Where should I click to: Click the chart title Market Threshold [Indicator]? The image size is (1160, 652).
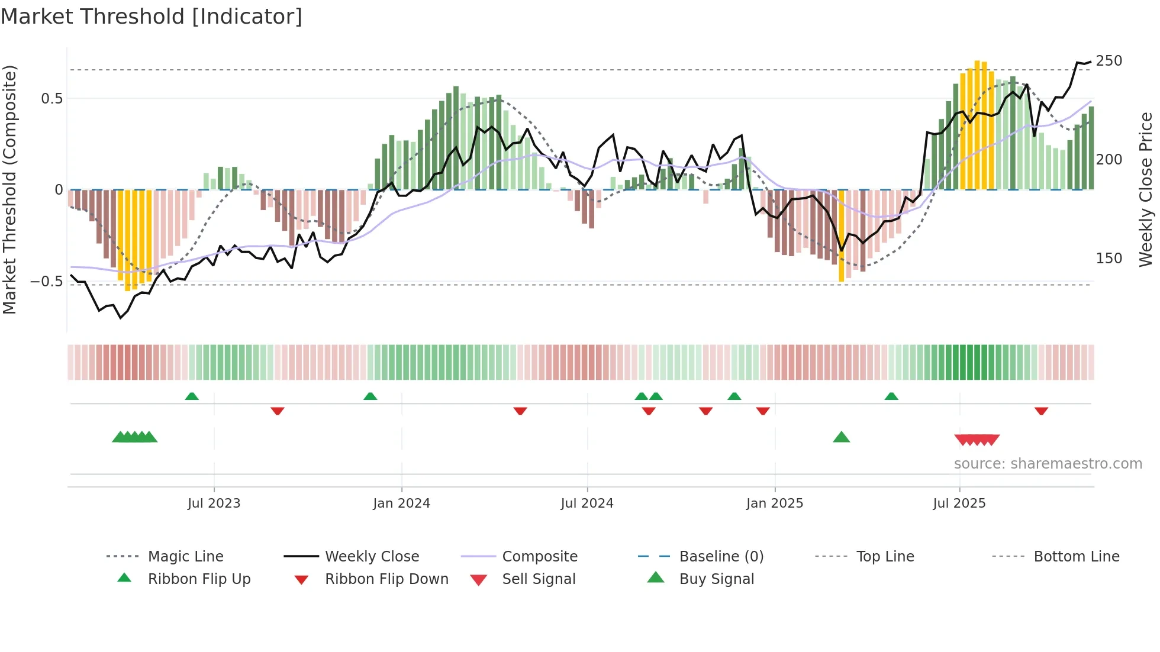click(152, 17)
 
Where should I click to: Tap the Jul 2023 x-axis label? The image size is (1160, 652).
click(214, 503)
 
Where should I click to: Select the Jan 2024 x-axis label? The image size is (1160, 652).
click(401, 503)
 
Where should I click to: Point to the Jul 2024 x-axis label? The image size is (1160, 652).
click(587, 503)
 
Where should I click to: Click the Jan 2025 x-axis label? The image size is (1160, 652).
click(774, 503)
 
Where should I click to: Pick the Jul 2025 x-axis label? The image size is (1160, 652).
click(959, 503)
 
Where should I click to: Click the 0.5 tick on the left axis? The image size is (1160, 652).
click(51, 99)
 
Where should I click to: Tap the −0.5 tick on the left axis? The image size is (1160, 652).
click(47, 282)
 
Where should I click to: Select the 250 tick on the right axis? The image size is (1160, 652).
click(1109, 61)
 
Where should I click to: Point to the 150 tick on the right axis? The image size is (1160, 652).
click(1109, 259)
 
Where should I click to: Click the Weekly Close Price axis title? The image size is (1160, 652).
click(1146, 189)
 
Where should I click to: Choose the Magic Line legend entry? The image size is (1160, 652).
click(185, 557)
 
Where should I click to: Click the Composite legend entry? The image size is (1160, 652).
click(539, 557)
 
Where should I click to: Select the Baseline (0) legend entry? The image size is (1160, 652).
click(721, 557)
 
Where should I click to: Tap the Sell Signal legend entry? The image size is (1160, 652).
click(538, 579)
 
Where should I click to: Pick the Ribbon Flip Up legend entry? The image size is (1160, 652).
click(199, 579)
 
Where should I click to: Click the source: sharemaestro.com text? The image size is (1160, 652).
click(1048, 464)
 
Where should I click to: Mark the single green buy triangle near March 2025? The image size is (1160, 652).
click(841, 437)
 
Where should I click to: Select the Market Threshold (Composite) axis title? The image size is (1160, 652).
click(9, 189)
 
